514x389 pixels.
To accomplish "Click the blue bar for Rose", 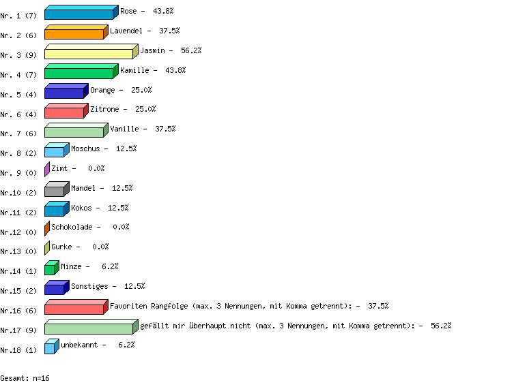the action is click(82, 12).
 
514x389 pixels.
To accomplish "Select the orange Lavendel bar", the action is click(76, 32).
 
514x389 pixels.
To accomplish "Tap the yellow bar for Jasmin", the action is click(91, 52).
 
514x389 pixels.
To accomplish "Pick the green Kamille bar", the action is click(82, 72).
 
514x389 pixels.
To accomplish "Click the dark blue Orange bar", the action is click(66, 91).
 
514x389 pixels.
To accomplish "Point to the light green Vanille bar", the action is click(76, 130).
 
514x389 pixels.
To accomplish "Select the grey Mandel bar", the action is click(57, 189).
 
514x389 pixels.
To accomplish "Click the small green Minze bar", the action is click(52, 268).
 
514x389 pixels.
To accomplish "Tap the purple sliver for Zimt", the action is click(47, 170).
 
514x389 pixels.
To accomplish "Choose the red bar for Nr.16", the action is click(76, 307).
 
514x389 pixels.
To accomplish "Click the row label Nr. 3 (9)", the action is click(18, 55).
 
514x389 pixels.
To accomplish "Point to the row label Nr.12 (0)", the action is click(18, 232).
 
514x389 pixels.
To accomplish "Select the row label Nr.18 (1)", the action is click(18, 350).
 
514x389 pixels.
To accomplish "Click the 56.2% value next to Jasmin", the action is click(191, 50).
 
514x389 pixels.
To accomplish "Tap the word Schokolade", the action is click(72, 227).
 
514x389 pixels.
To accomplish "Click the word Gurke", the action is click(61, 247).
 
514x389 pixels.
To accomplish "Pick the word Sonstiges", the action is click(89, 286).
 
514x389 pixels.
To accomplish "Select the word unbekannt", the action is click(79, 345).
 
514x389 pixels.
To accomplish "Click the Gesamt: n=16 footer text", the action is click(25, 378).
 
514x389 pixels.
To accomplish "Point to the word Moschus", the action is click(85, 149).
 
